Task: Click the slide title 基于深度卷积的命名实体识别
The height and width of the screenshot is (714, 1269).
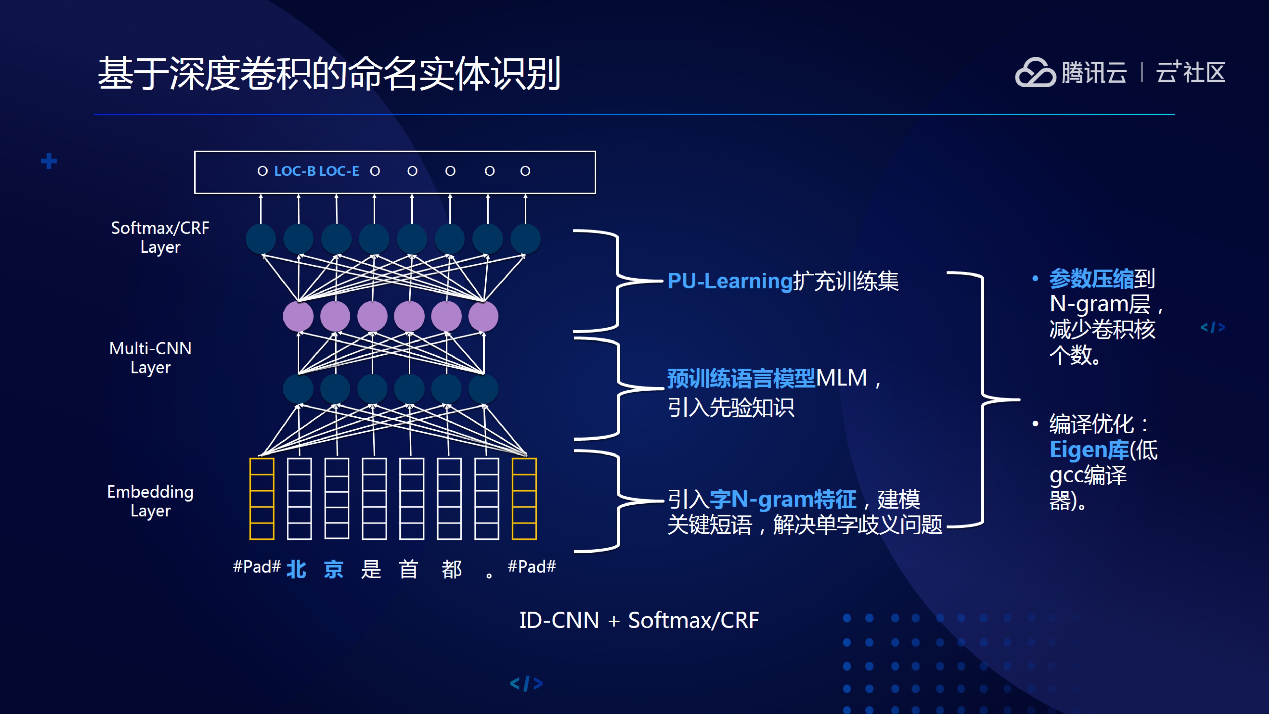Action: (x=329, y=74)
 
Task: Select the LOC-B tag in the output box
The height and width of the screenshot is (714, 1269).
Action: (x=295, y=171)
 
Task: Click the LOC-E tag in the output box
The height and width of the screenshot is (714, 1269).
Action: (x=339, y=171)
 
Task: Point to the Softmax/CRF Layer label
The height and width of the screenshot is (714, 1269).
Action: (x=160, y=237)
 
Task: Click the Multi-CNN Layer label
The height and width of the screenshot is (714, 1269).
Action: (x=150, y=358)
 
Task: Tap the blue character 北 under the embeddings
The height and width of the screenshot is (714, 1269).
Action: (x=296, y=569)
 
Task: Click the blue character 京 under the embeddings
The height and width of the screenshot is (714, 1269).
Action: (x=333, y=569)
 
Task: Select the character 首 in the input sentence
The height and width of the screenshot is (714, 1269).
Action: (x=408, y=569)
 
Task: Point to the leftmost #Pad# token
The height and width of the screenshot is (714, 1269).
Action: (x=257, y=567)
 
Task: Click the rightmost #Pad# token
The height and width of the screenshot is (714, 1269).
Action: (x=531, y=567)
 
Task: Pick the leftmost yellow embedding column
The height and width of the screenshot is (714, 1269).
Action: (x=262, y=499)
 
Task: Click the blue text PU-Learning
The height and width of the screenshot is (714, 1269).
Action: (x=730, y=281)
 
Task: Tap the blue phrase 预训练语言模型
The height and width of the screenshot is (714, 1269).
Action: (x=741, y=378)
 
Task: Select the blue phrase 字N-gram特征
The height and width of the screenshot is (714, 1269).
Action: (x=783, y=499)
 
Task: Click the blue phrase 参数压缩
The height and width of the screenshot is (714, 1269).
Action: (x=1091, y=279)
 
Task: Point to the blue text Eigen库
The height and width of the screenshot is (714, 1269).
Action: (x=1089, y=449)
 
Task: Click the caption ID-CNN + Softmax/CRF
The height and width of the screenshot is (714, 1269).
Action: (x=639, y=620)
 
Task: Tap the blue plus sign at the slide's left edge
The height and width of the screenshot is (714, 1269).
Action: (x=49, y=161)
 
